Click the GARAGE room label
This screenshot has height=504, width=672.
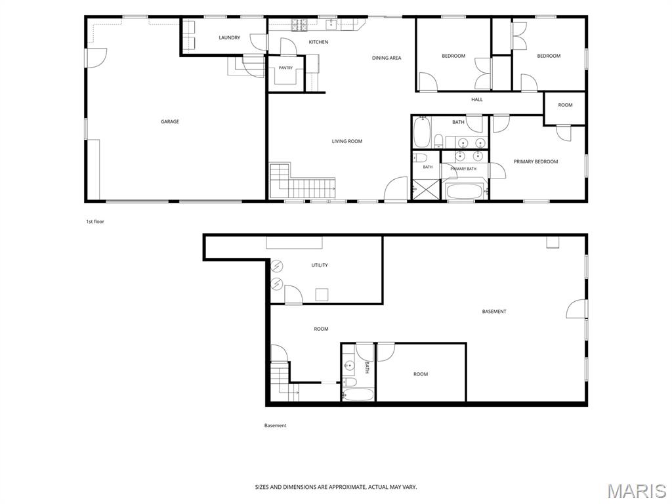(170, 121)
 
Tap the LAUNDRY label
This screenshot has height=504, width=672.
(229, 37)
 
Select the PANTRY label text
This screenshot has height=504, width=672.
(285, 68)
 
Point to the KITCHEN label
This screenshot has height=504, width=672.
(318, 42)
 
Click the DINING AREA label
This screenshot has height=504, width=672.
(387, 58)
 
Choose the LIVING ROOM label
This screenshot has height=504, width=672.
(346, 141)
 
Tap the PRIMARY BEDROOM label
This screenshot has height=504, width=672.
(535, 161)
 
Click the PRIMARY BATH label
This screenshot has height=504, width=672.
(463, 169)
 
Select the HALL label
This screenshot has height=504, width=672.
(477, 100)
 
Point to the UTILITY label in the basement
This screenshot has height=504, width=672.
(320, 265)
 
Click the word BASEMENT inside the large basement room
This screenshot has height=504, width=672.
(493, 312)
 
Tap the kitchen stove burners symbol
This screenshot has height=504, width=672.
(299, 26)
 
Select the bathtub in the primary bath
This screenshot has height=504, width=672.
(464, 191)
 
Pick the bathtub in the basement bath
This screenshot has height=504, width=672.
(358, 394)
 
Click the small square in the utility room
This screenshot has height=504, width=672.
(322, 295)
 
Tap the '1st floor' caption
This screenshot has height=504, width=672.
(95, 222)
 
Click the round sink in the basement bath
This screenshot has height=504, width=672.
(350, 366)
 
